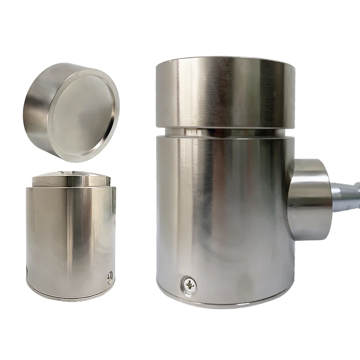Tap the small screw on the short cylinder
[x=109, y=278]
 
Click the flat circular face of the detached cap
[x=83, y=115]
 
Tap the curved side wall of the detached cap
[x=38, y=106]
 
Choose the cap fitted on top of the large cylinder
[x=225, y=92]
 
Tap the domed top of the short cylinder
[x=72, y=175]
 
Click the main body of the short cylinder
[x=70, y=234]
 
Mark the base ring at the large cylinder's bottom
[x=225, y=302]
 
